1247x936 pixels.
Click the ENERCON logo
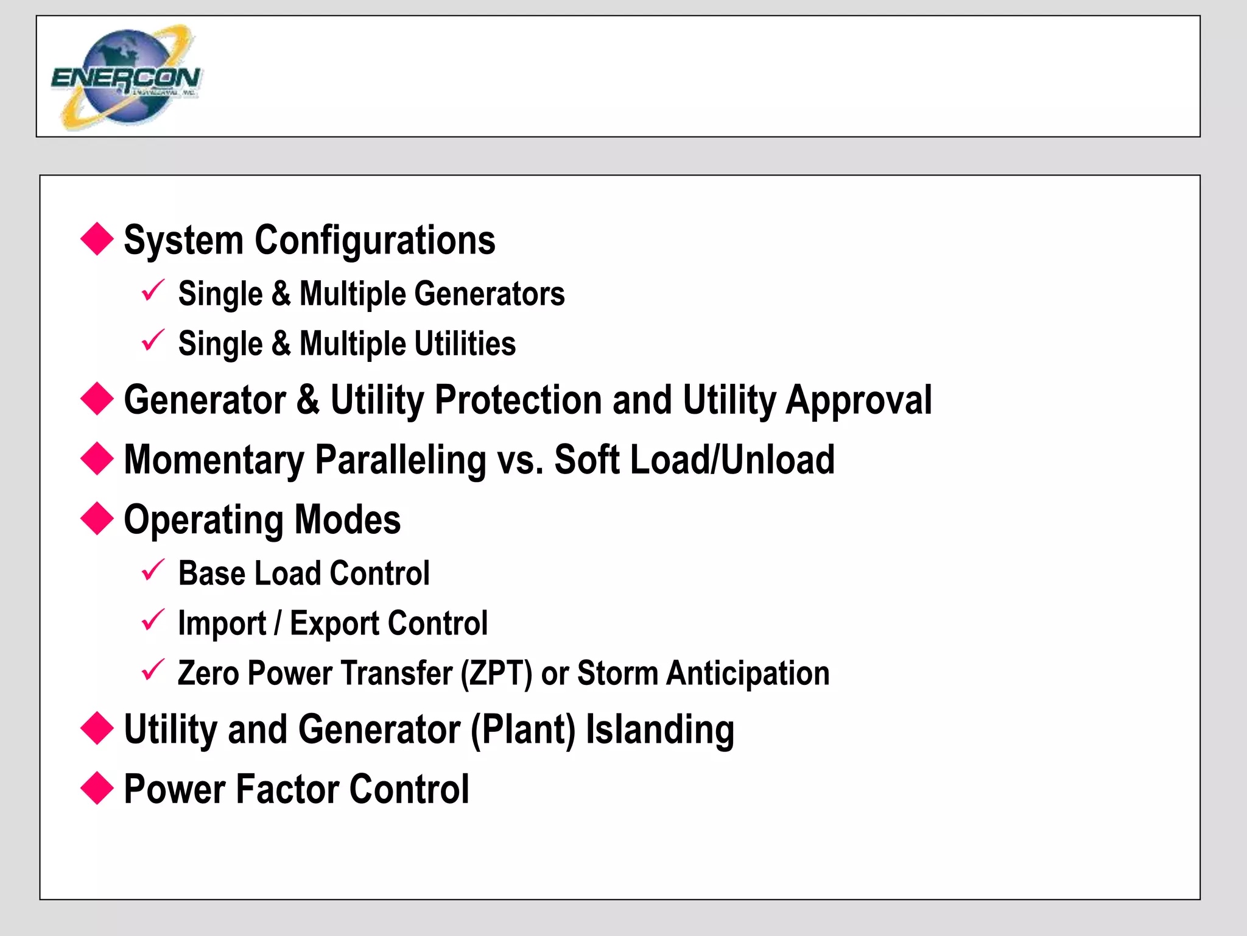point(126,77)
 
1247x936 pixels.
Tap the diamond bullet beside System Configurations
point(97,239)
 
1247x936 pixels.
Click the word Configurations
point(374,240)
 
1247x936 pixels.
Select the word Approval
point(859,401)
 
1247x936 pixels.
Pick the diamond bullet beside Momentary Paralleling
point(97,458)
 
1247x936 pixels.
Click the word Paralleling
point(401,460)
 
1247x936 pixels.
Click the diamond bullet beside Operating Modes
point(97,518)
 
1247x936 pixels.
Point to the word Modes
point(348,519)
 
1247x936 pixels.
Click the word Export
point(335,623)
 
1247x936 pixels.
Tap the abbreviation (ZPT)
point(496,673)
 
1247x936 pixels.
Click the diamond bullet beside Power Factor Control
point(97,788)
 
